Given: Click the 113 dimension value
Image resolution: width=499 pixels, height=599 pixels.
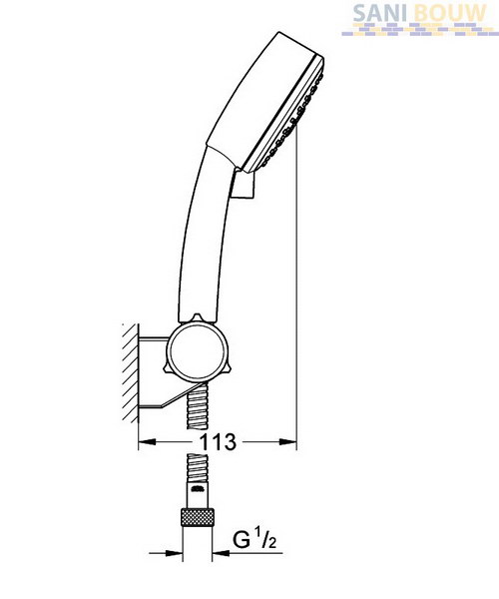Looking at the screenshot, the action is [x=218, y=442].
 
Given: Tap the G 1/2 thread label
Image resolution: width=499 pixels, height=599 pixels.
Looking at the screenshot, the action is [x=254, y=539].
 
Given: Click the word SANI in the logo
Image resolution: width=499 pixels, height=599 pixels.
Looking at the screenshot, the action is [x=374, y=13].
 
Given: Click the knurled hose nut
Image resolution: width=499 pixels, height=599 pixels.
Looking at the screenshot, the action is [x=197, y=517].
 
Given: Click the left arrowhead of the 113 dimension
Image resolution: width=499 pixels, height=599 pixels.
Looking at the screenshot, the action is [x=148, y=442].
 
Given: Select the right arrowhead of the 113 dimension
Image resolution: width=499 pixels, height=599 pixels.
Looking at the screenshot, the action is [x=287, y=442].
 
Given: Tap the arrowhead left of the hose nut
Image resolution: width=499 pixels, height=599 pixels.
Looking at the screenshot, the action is [x=174, y=553].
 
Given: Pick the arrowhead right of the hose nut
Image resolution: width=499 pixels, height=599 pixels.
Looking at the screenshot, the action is [x=221, y=553].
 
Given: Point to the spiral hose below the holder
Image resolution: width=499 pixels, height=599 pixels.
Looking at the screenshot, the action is [x=197, y=406].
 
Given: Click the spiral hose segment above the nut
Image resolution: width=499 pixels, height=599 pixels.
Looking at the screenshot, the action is [x=197, y=468].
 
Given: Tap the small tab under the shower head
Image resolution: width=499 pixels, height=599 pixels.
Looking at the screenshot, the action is [x=244, y=184].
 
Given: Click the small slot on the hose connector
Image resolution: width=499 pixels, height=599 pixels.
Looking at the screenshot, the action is [x=197, y=488].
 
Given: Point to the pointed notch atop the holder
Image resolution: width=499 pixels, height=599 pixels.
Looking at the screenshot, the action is [x=197, y=318].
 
